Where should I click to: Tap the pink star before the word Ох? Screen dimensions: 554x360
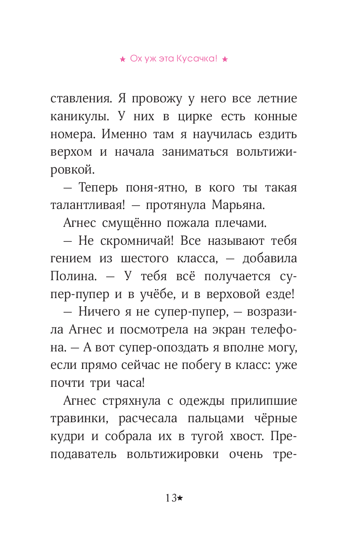point(122,60)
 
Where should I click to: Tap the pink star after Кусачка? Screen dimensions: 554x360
point(225,60)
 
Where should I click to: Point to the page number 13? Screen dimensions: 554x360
point(171,498)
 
